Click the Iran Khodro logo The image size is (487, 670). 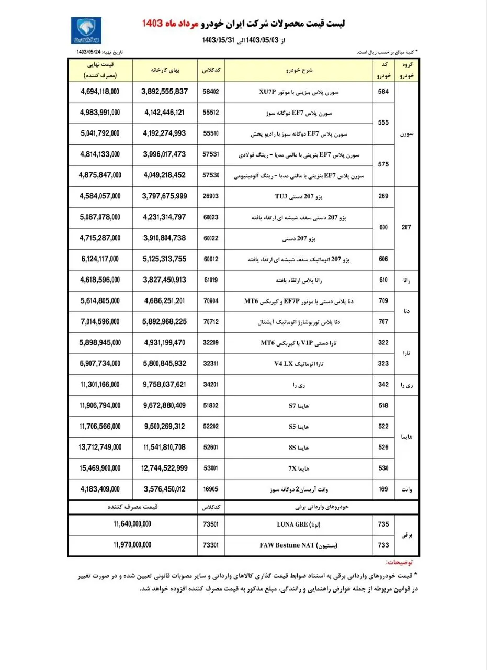coord(86,30)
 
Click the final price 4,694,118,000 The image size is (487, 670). coord(100,91)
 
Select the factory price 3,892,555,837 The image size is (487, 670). coord(164,91)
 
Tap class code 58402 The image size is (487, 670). coord(210,91)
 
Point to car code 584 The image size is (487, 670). coord(383,91)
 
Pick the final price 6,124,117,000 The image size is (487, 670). coord(100,259)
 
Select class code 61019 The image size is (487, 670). coord(210,280)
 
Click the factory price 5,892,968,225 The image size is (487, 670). coord(164,321)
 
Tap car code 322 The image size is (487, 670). coord(383,342)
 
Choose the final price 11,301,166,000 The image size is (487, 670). coord(100,385)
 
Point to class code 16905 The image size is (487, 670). coord(210,489)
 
